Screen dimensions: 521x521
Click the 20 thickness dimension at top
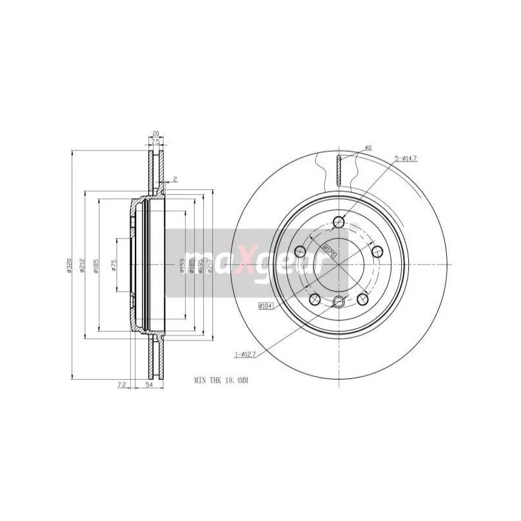(155, 134)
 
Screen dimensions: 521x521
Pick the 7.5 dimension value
(155, 141)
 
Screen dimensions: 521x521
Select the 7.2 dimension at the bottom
(122, 386)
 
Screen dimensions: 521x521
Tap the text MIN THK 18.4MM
(221, 379)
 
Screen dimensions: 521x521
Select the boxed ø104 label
(265, 305)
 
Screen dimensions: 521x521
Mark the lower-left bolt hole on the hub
(315, 298)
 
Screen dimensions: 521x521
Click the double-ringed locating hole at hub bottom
(338, 301)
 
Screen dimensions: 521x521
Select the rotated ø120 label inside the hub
(329, 250)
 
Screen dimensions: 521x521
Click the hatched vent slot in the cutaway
(339, 170)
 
